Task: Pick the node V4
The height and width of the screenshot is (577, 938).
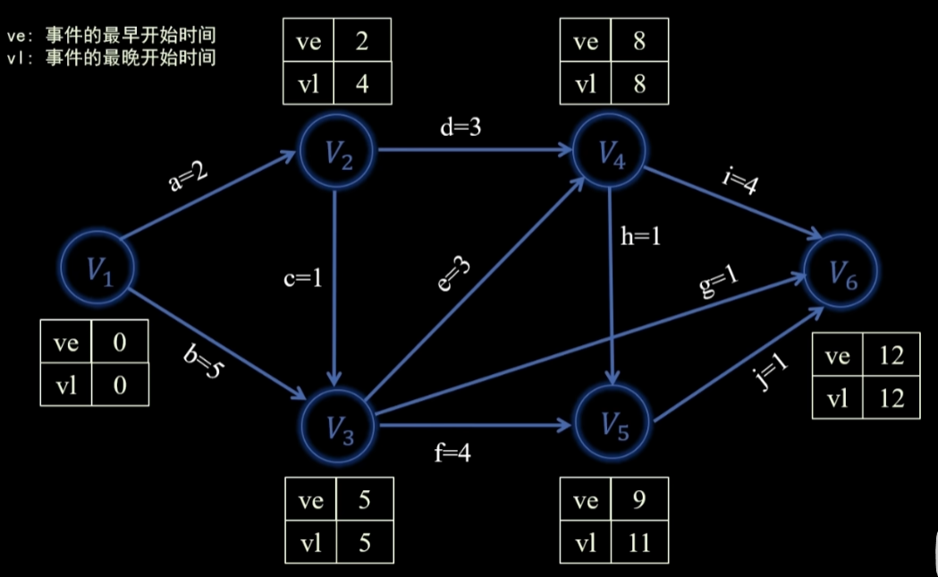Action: pos(610,153)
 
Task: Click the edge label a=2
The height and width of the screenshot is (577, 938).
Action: pos(189,176)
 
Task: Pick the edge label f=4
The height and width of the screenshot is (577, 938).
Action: pos(452,453)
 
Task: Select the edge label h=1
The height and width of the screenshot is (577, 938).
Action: pos(641,237)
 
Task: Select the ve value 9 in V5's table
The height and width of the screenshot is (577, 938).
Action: pos(638,499)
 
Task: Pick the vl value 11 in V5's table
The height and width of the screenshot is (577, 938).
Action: pos(638,542)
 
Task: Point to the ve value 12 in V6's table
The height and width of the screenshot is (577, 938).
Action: pos(891,355)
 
